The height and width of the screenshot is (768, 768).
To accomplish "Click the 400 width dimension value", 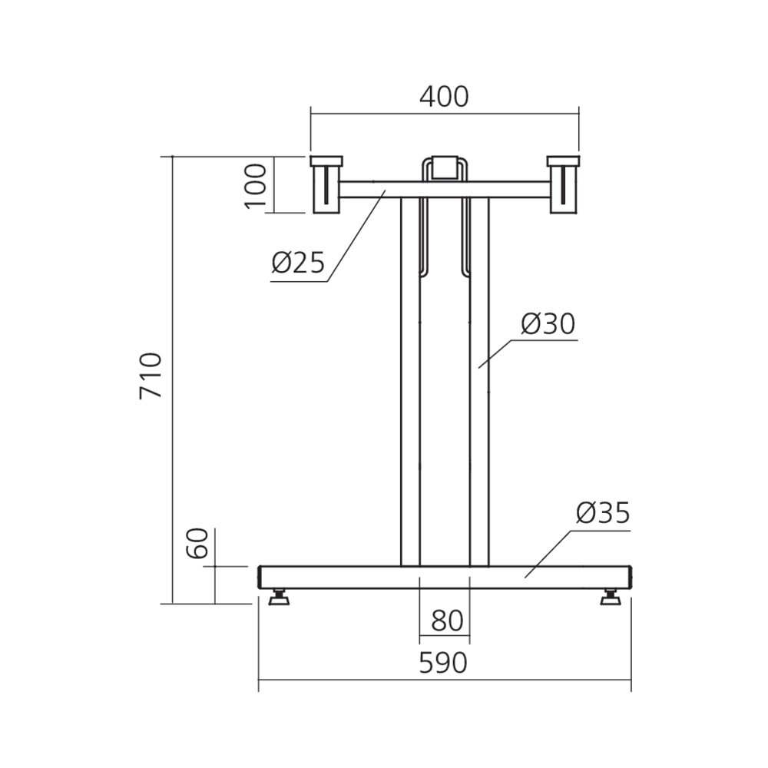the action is pyautogui.click(x=444, y=97).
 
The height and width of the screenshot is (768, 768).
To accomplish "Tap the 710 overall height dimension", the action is pyautogui.click(x=151, y=376).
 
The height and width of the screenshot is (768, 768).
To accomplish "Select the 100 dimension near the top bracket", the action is pyautogui.click(x=256, y=186).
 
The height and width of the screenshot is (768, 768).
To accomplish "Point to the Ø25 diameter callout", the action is pyautogui.click(x=298, y=262).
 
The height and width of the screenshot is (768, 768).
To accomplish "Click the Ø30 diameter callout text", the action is pyautogui.click(x=548, y=324).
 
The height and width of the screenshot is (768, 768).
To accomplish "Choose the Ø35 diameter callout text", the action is pyautogui.click(x=603, y=513).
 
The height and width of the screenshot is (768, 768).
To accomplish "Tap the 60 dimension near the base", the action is pyautogui.click(x=198, y=543).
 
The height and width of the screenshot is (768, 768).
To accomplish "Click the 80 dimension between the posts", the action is pyautogui.click(x=447, y=621).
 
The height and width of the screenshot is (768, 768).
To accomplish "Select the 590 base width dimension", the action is pyautogui.click(x=443, y=664).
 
